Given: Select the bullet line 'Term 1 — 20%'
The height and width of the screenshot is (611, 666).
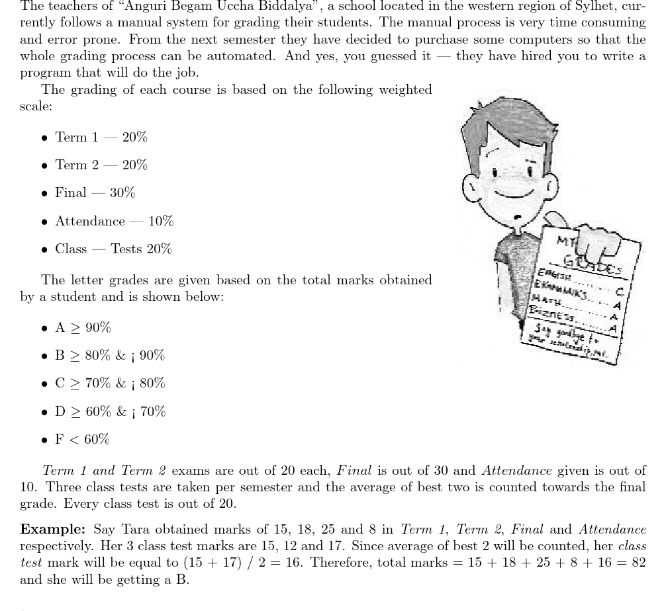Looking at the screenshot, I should click(101, 137).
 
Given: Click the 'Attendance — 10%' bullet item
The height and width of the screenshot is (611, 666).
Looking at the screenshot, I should click(114, 221).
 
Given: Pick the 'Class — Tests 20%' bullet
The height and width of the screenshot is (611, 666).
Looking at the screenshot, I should click(113, 249).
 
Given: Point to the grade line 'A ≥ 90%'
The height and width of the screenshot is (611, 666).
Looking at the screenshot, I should click(83, 327).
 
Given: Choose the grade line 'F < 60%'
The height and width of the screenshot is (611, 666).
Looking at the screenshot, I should click(82, 439).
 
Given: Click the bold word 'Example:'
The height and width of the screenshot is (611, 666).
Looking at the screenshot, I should click(53, 529).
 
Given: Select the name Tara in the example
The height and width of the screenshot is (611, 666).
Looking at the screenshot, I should click(135, 529).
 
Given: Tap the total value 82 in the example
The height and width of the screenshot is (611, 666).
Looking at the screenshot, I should click(637, 562).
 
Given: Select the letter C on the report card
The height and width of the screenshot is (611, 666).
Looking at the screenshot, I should click(620, 291).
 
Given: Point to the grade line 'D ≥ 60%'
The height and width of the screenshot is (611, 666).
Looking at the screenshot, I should click(110, 411).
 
